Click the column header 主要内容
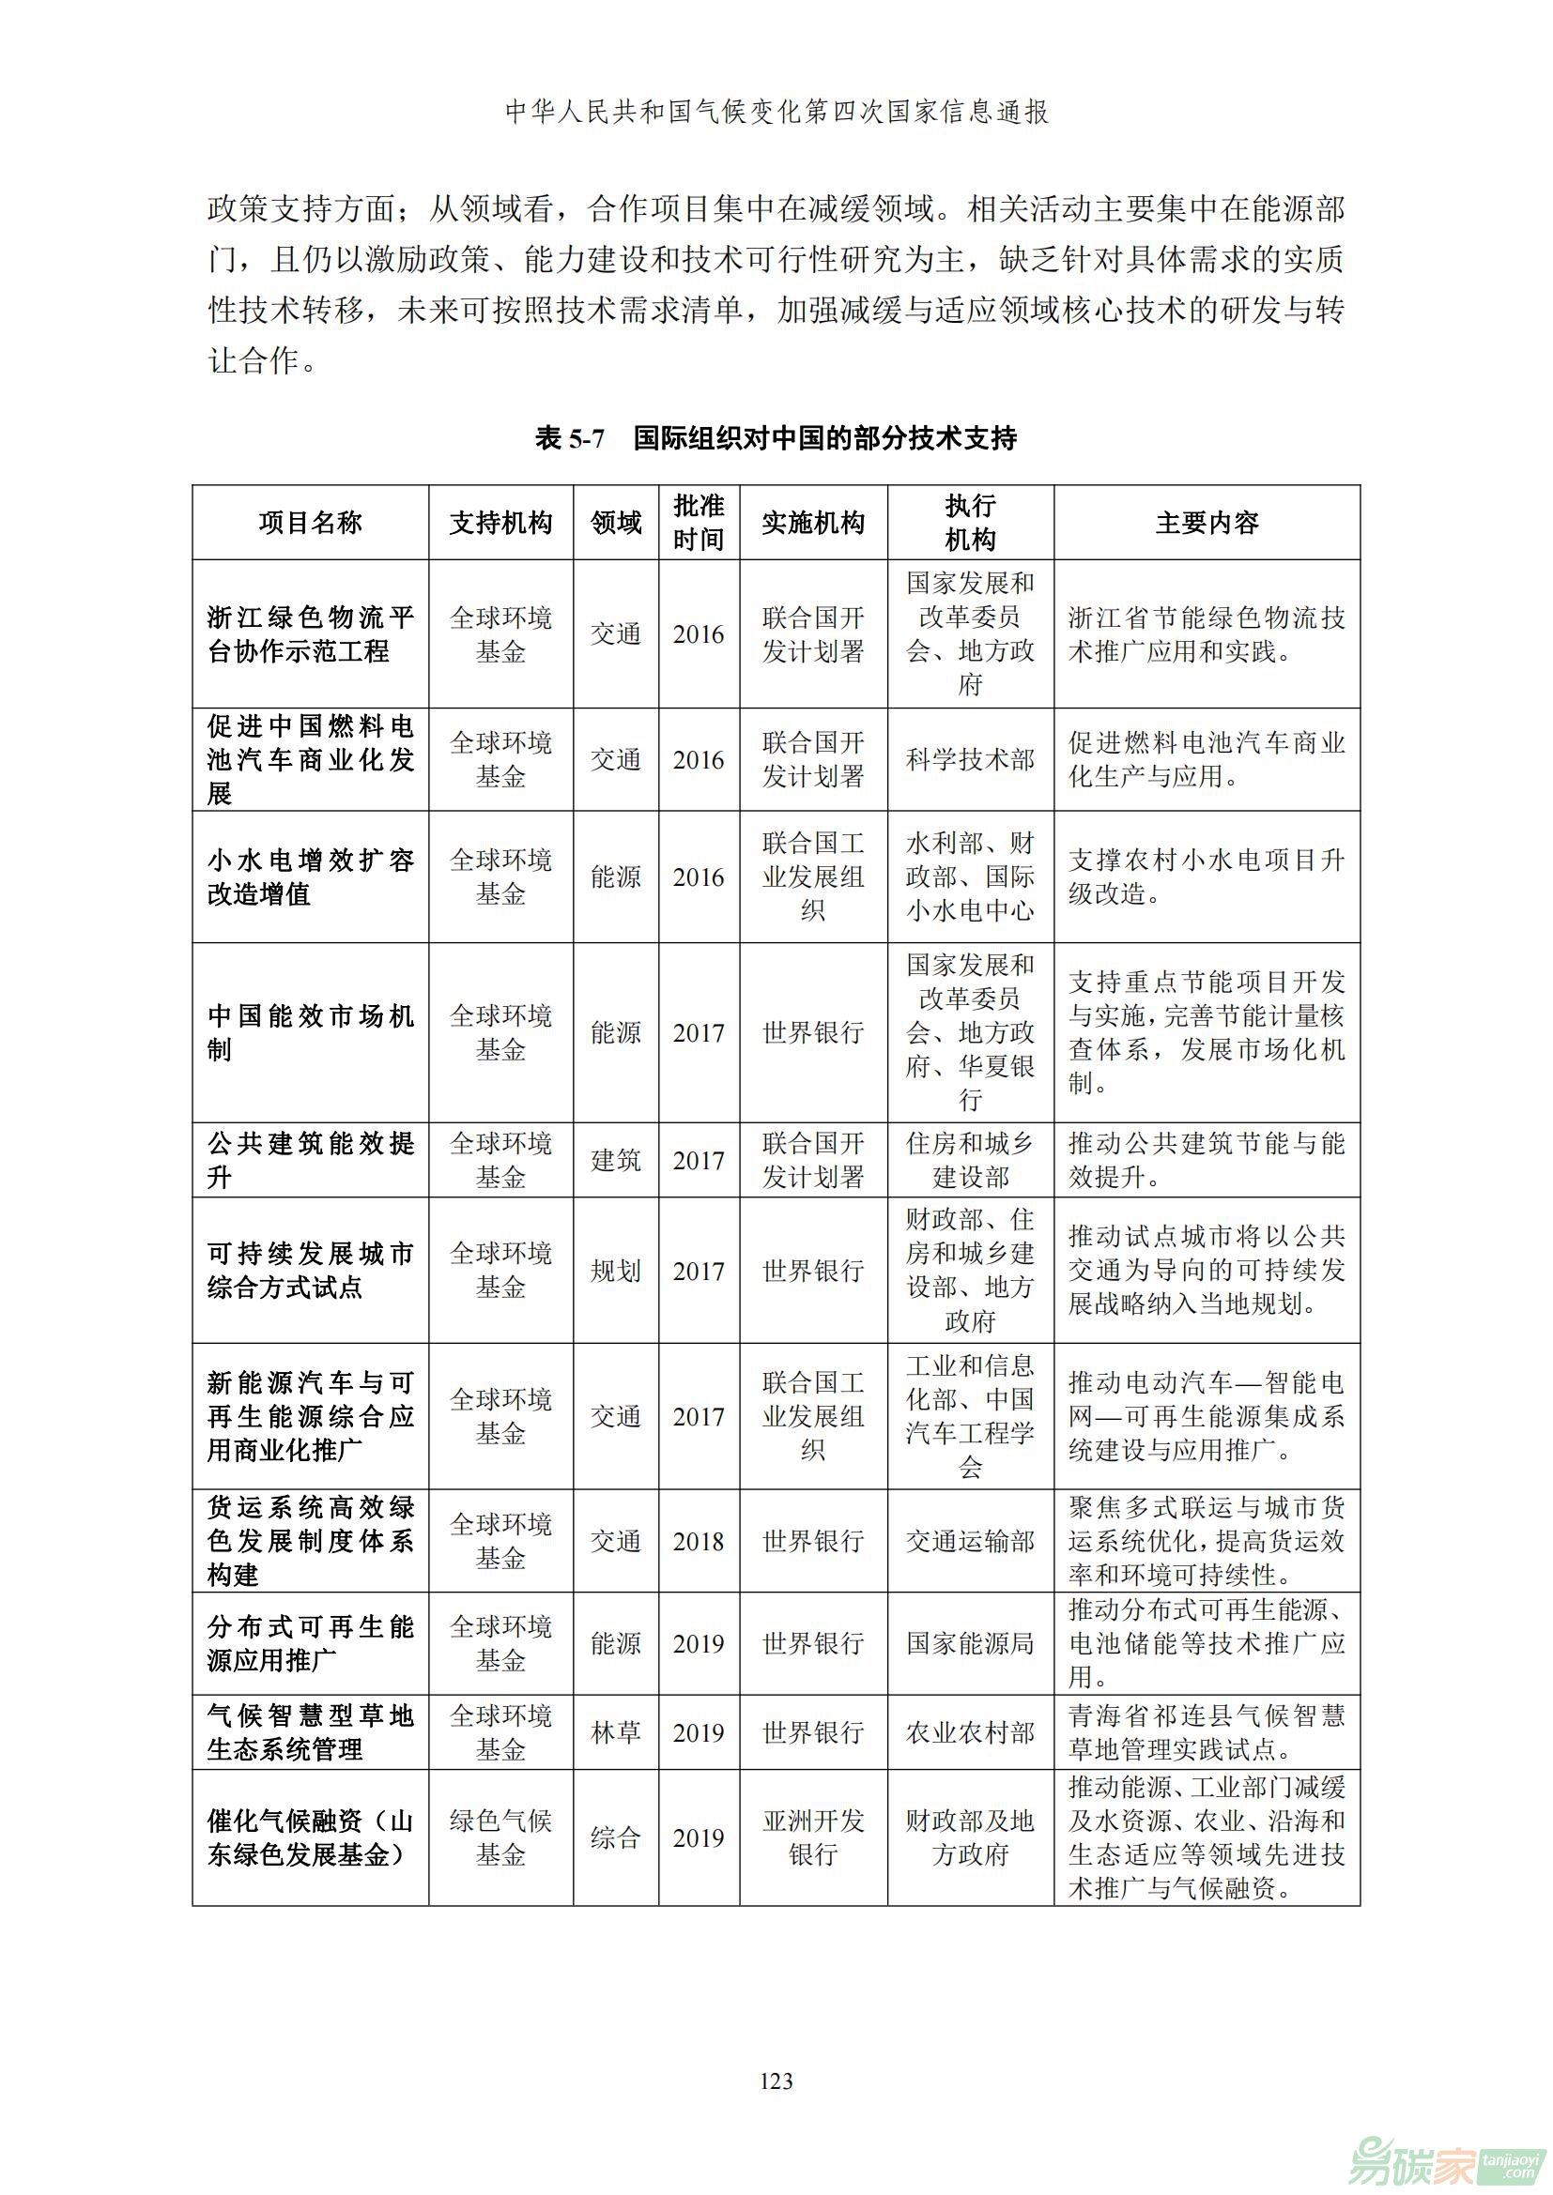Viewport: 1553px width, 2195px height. coord(1207,523)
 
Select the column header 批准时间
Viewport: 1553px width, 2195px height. coord(698,523)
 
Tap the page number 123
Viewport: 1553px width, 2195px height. coord(776,2081)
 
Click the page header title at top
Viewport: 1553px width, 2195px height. coord(776,112)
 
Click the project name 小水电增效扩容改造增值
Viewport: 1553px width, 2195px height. coord(310,876)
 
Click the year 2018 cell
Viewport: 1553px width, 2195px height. coord(698,1541)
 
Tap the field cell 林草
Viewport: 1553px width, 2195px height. coord(616,1732)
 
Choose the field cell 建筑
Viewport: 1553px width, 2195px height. coord(616,1161)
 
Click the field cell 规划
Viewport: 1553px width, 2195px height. coord(616,1271)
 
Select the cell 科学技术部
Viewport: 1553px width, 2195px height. coord(970,760)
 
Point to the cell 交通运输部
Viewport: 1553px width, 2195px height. coord(970,1541)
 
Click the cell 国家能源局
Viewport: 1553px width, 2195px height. coord(970,1643)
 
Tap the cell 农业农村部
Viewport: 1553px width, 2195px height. coord(970,1732)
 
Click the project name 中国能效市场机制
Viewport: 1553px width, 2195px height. coord(310,1032)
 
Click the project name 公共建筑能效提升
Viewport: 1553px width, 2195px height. coord(310,1160)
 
